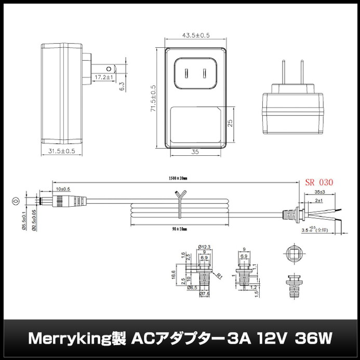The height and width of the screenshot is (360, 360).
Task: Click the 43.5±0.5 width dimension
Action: point(195,35)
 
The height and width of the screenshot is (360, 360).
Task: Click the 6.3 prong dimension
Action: point(121,86)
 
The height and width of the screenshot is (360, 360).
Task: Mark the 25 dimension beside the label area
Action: point(229,124)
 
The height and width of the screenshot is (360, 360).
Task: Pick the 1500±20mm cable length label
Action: point(178,178)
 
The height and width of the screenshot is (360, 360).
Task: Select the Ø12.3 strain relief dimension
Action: point(204,246)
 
